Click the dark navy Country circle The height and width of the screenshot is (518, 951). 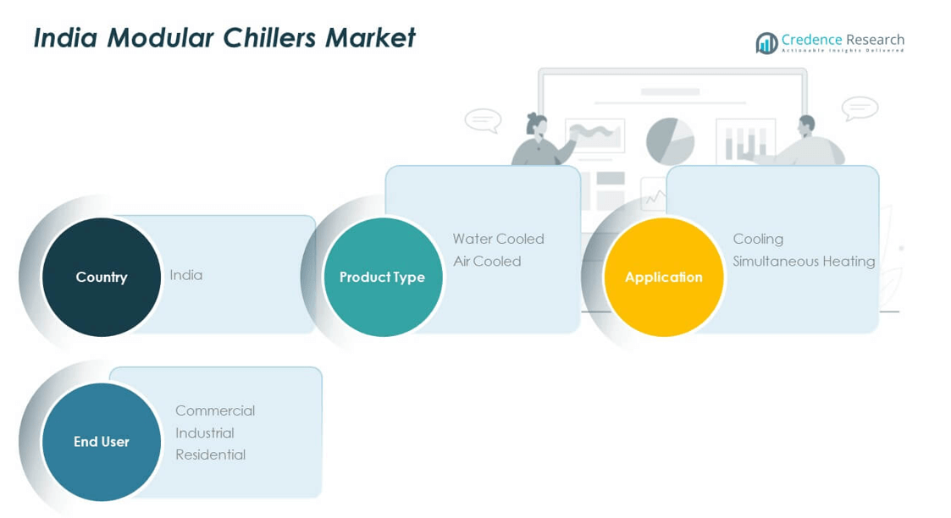102,277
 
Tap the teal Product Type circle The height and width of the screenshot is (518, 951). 383,277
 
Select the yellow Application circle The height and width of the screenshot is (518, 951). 664,277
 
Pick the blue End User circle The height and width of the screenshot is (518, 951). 102,441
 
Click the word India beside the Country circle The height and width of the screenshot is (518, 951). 186,275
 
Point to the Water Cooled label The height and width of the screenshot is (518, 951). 498,239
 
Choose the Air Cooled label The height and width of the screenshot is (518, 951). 487,261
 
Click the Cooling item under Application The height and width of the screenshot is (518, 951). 758,239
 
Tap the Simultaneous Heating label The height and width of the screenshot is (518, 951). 804,261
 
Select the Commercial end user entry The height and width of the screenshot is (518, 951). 215,411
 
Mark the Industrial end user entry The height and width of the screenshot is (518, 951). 205,433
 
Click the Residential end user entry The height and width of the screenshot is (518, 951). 210,455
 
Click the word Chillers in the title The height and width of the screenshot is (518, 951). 273,37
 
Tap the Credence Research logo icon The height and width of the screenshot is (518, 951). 766,42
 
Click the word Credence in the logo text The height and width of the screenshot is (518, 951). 812,40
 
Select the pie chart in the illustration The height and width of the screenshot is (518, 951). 670,141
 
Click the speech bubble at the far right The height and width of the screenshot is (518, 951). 860,108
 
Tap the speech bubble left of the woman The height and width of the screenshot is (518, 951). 483,120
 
